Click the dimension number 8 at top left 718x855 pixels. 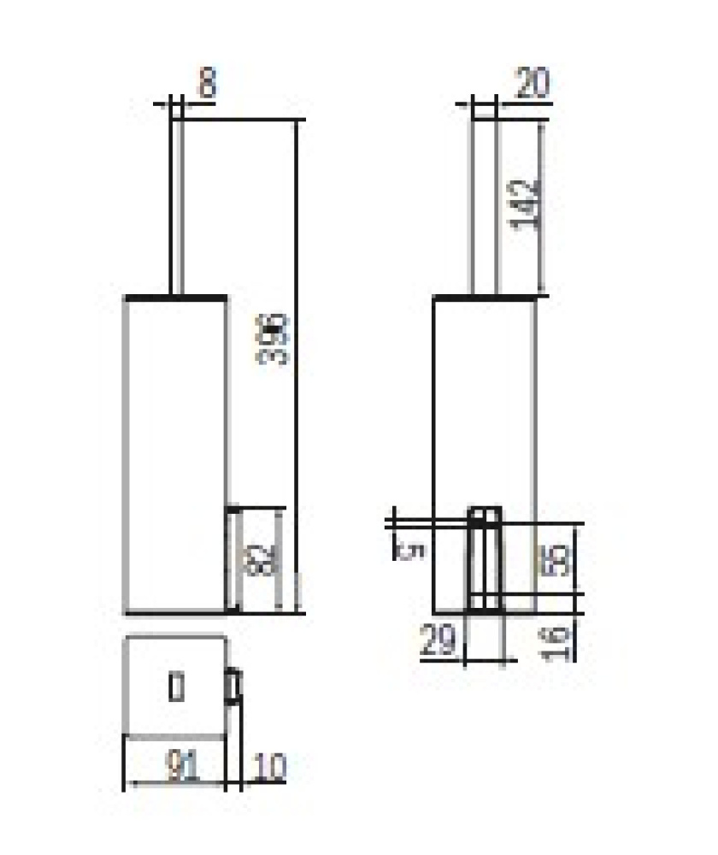(206, 85)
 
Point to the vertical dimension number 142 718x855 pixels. (530, 202)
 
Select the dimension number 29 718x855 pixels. (438, 640)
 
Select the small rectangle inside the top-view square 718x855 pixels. (176, 687)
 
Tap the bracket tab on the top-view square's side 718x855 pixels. (232, 685)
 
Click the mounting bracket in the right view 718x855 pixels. (485, 559)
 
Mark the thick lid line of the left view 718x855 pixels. (177, 297)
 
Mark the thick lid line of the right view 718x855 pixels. (486, 297)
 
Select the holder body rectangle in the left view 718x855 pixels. (176, 453)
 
